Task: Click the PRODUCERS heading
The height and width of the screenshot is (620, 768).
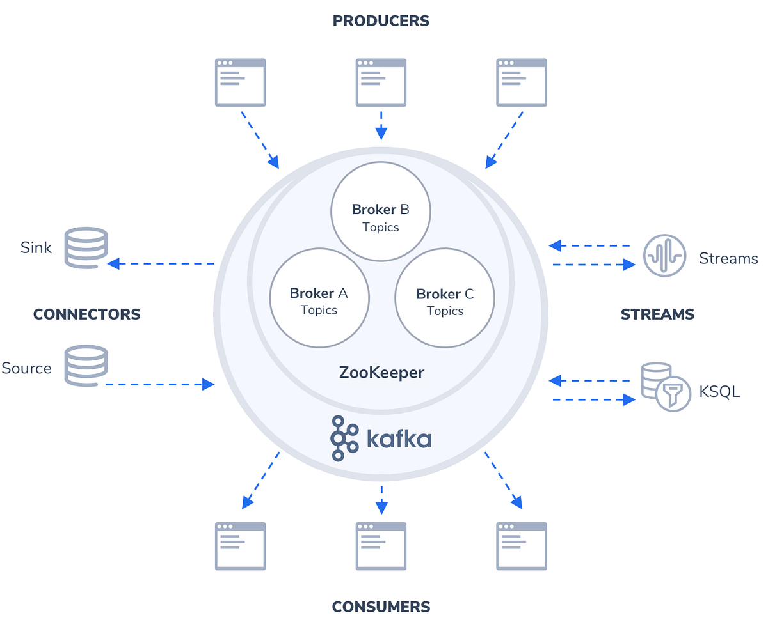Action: click(x=381, y=21)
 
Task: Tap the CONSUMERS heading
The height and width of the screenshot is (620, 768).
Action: click(x=381, y=607)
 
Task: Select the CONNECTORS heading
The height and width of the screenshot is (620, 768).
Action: click(x=86, y=314)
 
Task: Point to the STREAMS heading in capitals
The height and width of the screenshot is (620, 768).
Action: click(x=657, y=314)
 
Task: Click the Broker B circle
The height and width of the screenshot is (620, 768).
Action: click(x=381, y=212)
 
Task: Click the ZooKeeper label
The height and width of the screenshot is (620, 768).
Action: click(x=381, y=373)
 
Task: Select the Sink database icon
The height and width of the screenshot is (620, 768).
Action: click(x=86, y=247)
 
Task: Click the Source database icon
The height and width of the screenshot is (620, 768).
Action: click(x=86, y=365)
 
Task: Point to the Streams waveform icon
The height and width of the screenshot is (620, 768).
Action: click(x=664, y=256)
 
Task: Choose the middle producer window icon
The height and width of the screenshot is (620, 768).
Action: click(x=381, y=82)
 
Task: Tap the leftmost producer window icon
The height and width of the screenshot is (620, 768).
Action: click(x=240, y=82)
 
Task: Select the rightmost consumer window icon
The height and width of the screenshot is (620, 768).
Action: click(x=522, y=546)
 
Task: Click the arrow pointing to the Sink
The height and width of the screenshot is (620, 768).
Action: click(x=160, y=263)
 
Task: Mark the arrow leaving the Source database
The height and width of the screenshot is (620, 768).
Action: click(x=160, y=384)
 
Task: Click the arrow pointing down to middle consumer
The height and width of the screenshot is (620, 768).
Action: click(x=381, y=500)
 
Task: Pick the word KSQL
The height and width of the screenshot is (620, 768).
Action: click(x=719, y=391)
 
